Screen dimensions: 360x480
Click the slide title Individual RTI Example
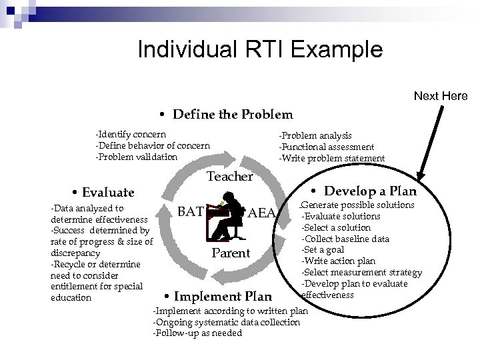259,49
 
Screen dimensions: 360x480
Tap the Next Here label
441,96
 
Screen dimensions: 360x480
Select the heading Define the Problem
226,115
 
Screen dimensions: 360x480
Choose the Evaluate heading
103,192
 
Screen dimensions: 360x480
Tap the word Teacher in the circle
230,177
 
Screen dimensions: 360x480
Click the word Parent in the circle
230,253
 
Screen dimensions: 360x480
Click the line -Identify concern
131,135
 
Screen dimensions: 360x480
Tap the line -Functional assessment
326,147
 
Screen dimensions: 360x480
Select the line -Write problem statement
331,158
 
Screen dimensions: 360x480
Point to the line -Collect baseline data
347,239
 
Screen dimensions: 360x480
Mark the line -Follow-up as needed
197,333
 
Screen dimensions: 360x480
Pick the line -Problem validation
137,157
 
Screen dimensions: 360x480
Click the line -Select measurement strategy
361,273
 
